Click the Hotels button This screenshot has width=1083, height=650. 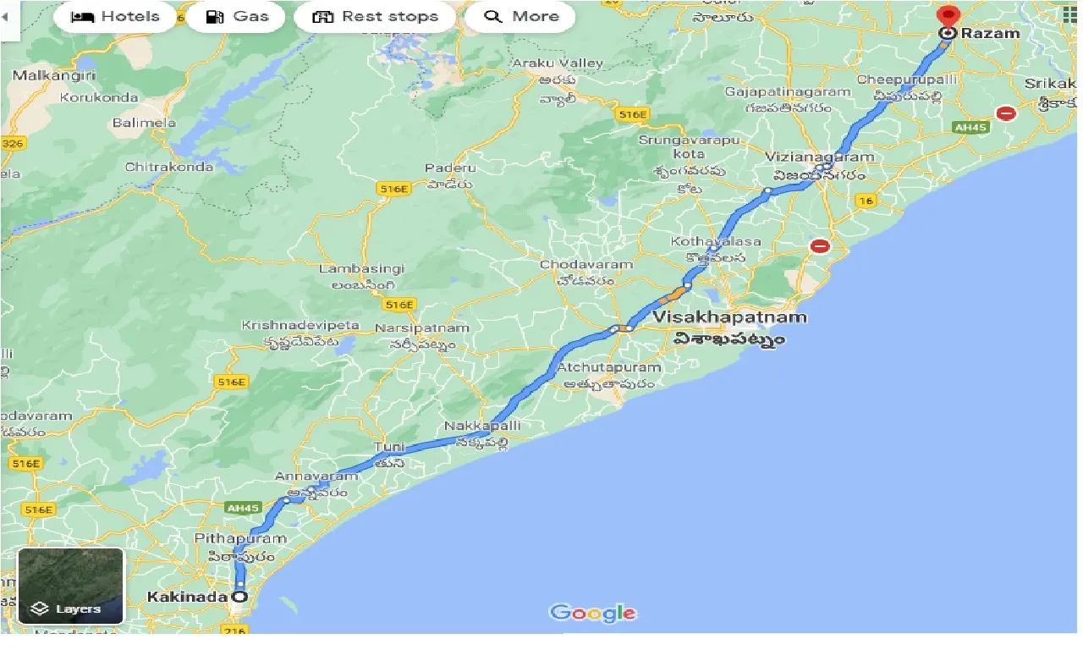click(x=115, y=17)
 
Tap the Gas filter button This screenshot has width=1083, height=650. click(x=237, y=17)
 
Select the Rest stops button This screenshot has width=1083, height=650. click(x=375, y=17)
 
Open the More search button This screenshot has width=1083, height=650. click(x=520, y=17)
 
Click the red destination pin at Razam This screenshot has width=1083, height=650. click(x=948, y=16)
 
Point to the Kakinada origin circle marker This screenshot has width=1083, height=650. click(x=239, y=597)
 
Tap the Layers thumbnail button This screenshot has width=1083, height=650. click(x=71, y=586)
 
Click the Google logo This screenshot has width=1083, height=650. click(x=592, y=613)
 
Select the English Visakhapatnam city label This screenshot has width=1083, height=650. click(x=729, y=318)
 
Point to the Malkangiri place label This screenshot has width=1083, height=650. click(x=54, y=75)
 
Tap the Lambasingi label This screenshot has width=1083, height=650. click(x=361, y=268)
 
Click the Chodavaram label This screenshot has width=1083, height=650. click(x=586, y=265)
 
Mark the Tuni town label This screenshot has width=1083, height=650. click(x=390, y=447)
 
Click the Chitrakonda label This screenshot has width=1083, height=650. click(x=169, y=167)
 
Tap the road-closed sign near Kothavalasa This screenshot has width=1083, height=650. click(x=820, y=246)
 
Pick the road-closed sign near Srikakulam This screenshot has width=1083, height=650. click(x=1005, y=113)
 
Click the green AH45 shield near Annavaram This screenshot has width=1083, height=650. click(x=243, y=508)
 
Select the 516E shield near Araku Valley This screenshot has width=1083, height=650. click(x=631, y=114)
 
